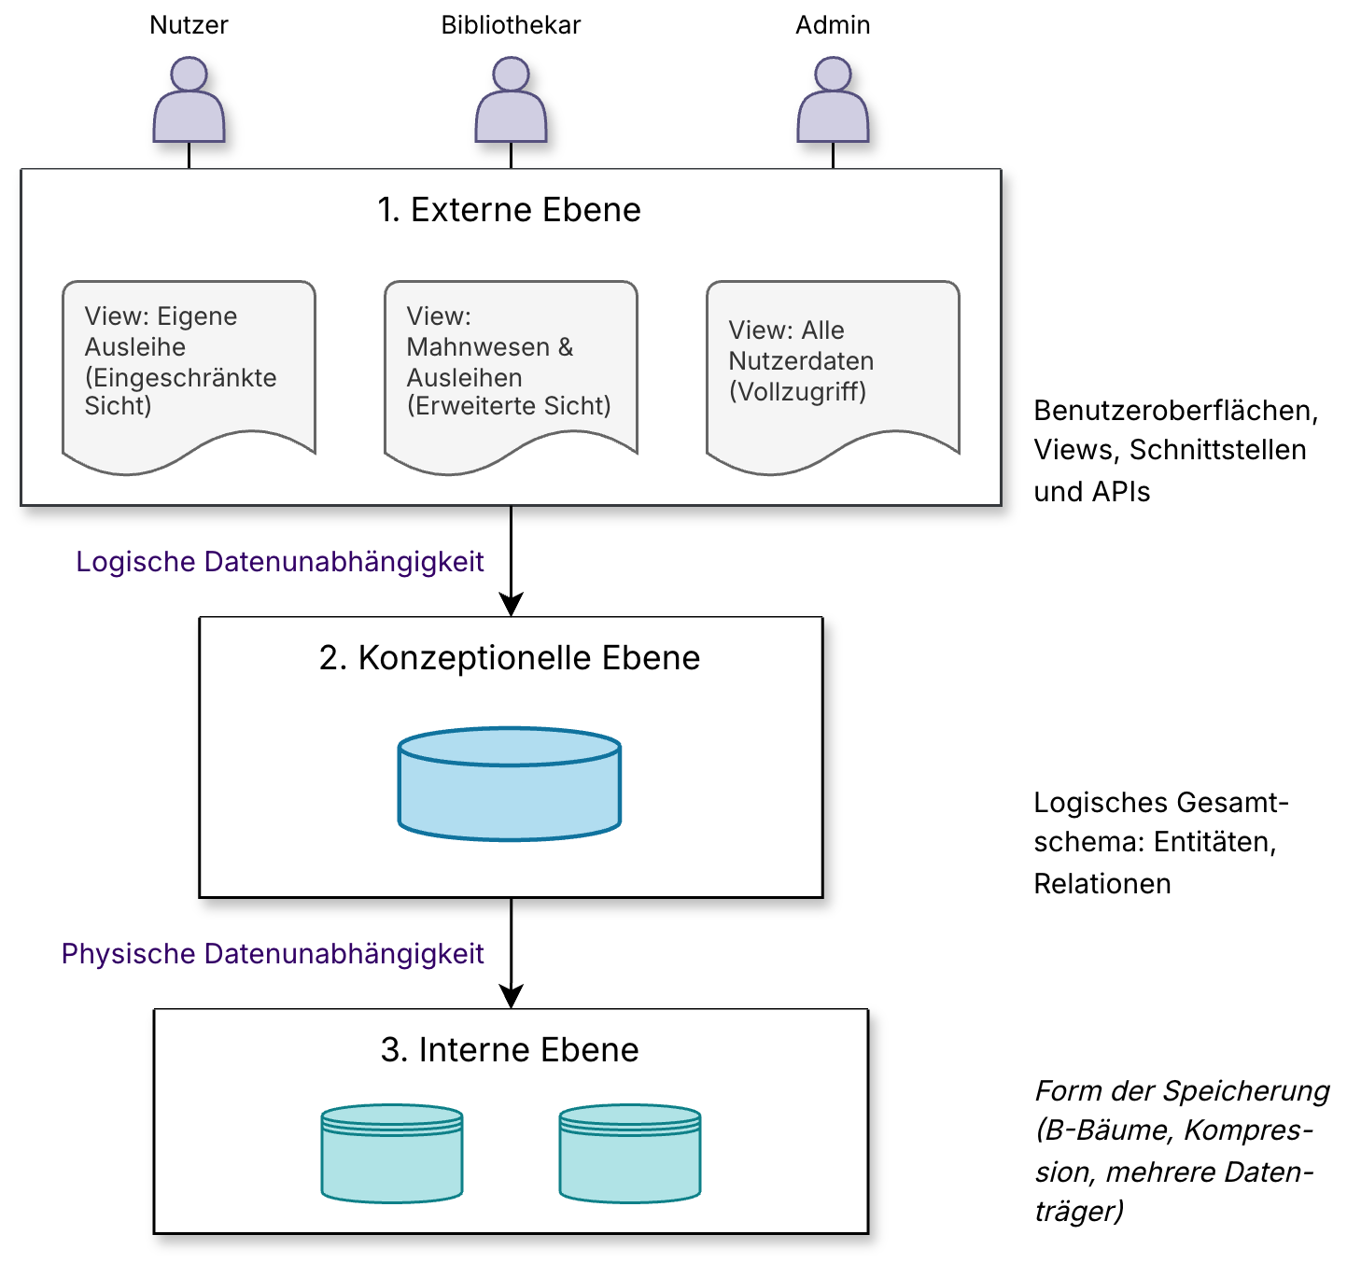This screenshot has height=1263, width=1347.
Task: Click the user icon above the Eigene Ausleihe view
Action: [189, 101]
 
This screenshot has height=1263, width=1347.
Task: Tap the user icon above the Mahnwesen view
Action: [511, 101]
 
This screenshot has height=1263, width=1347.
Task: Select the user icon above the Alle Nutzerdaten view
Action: [833, 101]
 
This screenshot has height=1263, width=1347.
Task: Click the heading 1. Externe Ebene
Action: [509, 210]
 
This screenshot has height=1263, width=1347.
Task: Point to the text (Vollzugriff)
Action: [797, 391]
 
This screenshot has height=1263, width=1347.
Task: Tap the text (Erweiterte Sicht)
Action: [509, 406]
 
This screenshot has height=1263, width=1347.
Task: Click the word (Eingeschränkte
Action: [180, 377]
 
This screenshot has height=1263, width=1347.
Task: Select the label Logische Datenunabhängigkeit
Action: [280, 562]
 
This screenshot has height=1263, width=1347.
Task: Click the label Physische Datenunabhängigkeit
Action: [273, 954]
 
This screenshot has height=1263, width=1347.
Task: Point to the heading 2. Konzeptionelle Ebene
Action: [510, 658]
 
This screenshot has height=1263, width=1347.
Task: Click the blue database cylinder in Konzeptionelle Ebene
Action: [510, 784]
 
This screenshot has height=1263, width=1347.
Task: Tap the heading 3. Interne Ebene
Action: [510, 1050]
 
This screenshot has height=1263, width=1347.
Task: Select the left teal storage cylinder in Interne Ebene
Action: [392, 1154]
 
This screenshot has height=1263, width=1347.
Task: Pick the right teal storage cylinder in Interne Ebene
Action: [630, 1154]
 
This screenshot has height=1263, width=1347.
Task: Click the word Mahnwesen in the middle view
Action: [478, 347]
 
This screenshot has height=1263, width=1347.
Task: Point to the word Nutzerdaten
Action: [801, 361]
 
